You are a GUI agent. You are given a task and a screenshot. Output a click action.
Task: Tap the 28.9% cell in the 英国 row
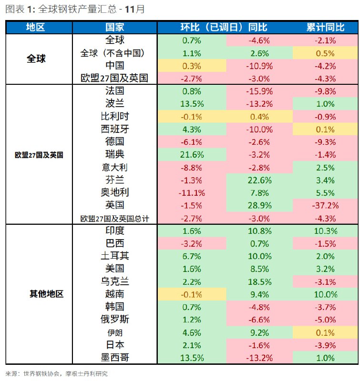[x=259, y=205]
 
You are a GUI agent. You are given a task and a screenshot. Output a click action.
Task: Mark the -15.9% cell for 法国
[x=259, y=91]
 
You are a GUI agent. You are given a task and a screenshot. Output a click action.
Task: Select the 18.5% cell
[x=259, y=281]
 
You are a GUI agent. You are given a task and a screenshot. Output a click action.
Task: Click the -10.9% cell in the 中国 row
[x=259, y=66]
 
